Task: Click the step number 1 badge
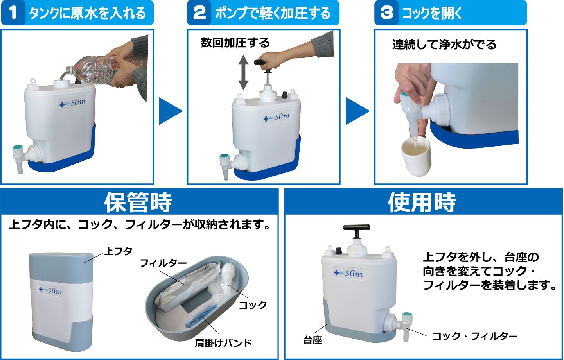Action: pyautogui.click(x=13, y=13)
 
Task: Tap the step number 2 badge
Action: pyautogui.click(x=199, y=13)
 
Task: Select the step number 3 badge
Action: pyautogui.click(x=386, y=13)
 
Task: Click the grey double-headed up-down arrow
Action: pyautogui.click(x=243, y=72)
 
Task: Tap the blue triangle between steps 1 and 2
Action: pyautogui.click(x=171, y=111)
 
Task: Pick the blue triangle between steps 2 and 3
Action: pyautogui.click(x=357, y=111)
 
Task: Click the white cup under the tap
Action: pyautogui.click(x=416, y=156)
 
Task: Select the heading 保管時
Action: pyautogui.click(x=138, y=202)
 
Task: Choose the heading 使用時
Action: pyautogui.click(x=422, y=202)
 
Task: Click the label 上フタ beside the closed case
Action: pyautogui.click(x=119, y=251)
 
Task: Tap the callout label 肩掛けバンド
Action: pyautogui.click(x=223, y=343)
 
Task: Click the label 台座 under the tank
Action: pyautogui.click(x=313, y=340)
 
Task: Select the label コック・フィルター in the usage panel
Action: pyautogui.click(x=475, y=336)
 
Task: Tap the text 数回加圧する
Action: pyautogui.click(x=235, y=43)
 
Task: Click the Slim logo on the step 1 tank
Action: pyautogui.click(x=72, y=103)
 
